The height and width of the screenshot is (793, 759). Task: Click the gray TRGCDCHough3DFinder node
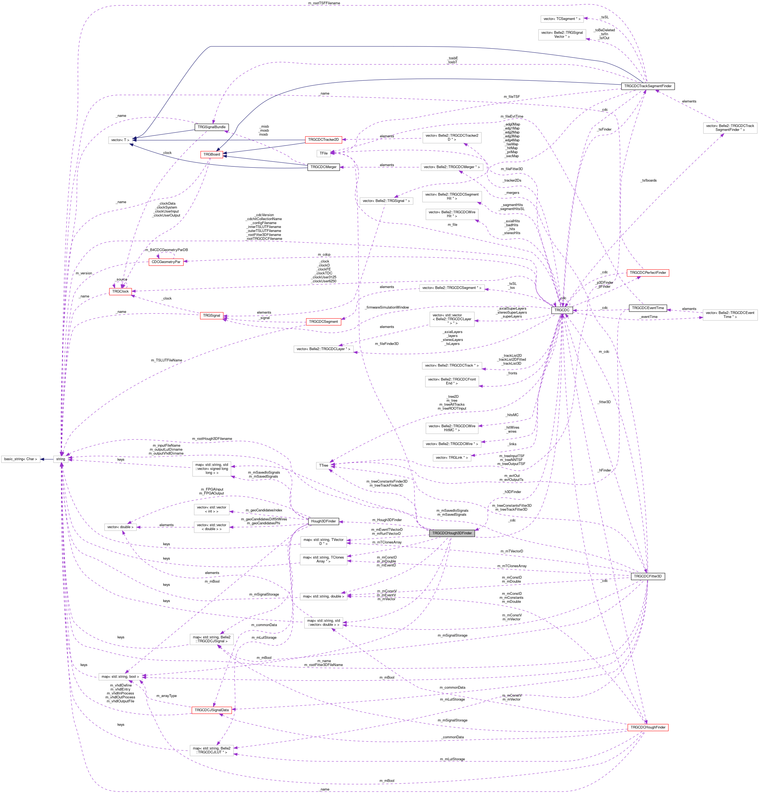coord(452,533)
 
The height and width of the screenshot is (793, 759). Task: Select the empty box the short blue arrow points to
coord(20,459)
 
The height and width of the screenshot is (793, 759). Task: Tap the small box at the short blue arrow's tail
coord(61,459)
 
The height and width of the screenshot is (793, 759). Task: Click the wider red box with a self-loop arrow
coord(166,262)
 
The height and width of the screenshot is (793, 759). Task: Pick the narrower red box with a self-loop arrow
coord(120,292)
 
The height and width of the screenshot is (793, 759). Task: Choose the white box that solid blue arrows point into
coord(120,140)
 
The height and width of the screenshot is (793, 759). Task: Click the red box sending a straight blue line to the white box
coord(323,140)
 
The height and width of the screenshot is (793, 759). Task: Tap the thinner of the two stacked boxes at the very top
coord(562,19)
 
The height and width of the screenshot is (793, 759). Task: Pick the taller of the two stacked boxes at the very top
coord(562,35)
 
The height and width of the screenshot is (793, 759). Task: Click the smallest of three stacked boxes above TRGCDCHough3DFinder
coord(452,457)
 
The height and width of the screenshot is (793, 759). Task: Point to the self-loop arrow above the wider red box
coord(166,254)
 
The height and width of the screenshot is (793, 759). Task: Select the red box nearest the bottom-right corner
coord(648,727)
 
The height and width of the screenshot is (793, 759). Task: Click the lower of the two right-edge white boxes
coord(730,315)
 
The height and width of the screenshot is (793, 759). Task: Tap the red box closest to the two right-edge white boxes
coord(647,273)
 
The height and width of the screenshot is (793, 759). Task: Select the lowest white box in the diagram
coord(211,750)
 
